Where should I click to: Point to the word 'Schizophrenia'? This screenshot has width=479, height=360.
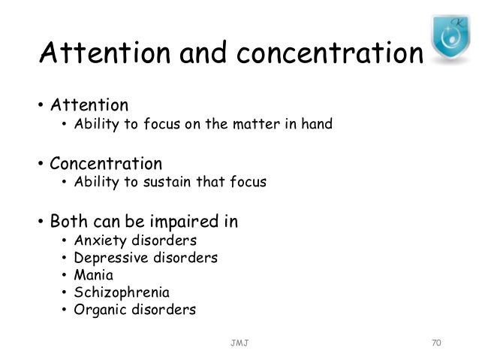(122, 292)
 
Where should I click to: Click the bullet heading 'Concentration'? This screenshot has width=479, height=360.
(105, 163)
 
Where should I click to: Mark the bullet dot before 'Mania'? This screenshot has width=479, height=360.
(65, 275)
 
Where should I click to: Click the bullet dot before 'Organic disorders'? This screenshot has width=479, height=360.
(65, 309)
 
